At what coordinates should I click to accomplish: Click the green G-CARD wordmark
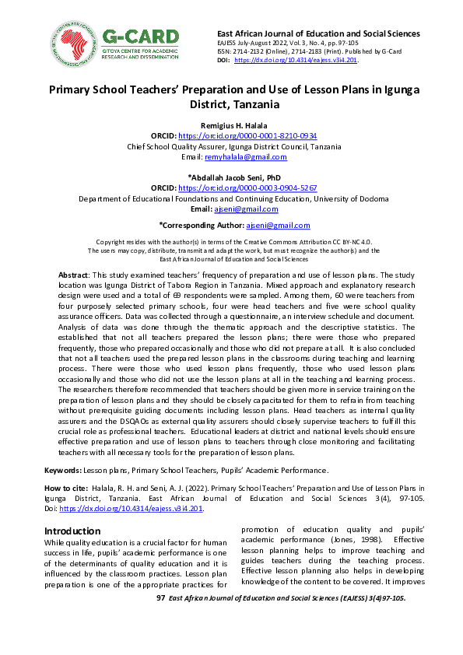tap(139, 34)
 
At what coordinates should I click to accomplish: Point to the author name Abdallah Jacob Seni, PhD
tap(231, 177)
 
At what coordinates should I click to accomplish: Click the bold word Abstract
tap(74, 276)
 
